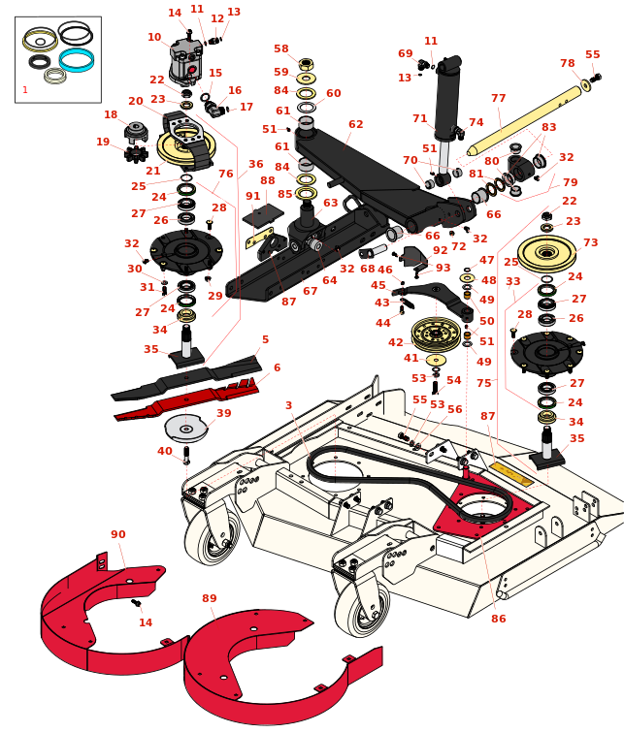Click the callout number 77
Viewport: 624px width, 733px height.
click(498, 98)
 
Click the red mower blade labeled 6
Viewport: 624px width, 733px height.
click(184, 399)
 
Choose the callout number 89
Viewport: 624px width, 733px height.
click(209, 599)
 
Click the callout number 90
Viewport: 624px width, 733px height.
click(117, 534)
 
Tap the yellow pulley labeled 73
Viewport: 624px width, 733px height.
click(546, 254)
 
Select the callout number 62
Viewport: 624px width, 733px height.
click(355, 124)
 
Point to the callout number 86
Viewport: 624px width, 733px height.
click(498, 619)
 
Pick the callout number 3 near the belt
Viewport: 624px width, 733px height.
click(288, 405)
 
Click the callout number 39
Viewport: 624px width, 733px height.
click(223, 413)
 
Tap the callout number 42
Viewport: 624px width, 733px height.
click(395, 342)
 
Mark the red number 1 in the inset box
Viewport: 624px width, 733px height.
click(25, 90)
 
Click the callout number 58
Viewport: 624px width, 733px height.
click(280, 48)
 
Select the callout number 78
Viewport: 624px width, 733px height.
click(567, 63)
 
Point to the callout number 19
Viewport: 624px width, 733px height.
click(103, 143)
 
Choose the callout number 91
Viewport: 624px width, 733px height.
click(252, 196)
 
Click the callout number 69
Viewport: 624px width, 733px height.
click(405, 53)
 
